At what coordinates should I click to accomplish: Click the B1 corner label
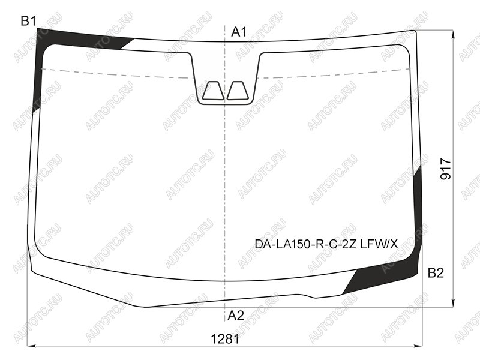point(28,21)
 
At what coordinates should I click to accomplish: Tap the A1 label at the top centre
point(239,32)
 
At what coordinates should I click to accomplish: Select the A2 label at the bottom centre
point(236,316)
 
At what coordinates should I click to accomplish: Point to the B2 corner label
point(436,272)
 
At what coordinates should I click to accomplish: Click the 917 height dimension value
point(446,169)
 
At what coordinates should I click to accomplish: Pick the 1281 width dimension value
point(226,339)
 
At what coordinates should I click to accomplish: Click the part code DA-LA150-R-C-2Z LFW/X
point(326,244)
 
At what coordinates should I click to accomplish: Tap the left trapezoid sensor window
point(213,91)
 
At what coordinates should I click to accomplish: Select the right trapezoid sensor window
point(237,91)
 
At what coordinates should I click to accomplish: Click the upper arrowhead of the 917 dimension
point(453,34)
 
